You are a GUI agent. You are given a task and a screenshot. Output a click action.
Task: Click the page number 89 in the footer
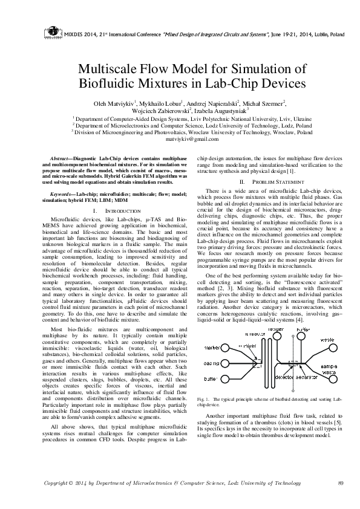click(341, 483)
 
